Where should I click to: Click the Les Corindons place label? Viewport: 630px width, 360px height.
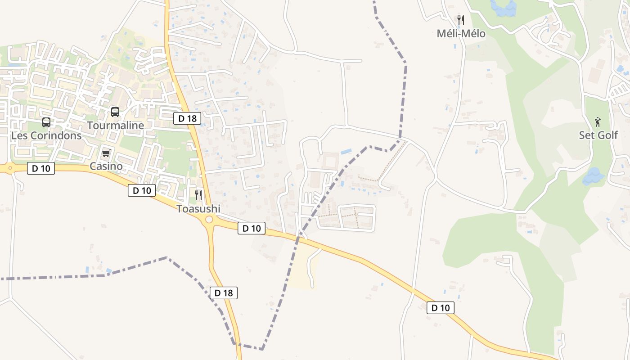46,135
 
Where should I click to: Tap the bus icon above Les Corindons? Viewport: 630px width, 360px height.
46,122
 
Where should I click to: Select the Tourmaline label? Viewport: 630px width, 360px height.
115,125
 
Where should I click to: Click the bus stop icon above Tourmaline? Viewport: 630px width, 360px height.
115,112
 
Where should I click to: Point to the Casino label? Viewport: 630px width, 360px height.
106,166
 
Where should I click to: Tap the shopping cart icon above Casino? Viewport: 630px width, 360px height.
106,153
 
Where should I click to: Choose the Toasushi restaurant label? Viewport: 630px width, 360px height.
198,209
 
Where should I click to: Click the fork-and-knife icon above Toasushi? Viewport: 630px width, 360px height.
198,195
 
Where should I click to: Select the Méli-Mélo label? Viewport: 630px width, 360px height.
461,33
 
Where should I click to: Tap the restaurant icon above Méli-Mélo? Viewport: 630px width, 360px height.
460,20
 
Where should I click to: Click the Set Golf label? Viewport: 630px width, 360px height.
598,135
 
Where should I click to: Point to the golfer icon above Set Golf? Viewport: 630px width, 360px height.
598,121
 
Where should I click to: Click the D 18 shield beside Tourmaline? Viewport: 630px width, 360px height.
187,118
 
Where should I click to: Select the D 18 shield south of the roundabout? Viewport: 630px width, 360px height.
223,293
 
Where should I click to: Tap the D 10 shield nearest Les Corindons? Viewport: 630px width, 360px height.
41,169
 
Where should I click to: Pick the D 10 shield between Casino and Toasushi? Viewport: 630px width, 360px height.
142,190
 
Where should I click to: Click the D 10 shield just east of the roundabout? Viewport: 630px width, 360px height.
252,228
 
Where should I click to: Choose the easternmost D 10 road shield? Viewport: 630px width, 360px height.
440,308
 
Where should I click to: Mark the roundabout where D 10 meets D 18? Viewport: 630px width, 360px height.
209,220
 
